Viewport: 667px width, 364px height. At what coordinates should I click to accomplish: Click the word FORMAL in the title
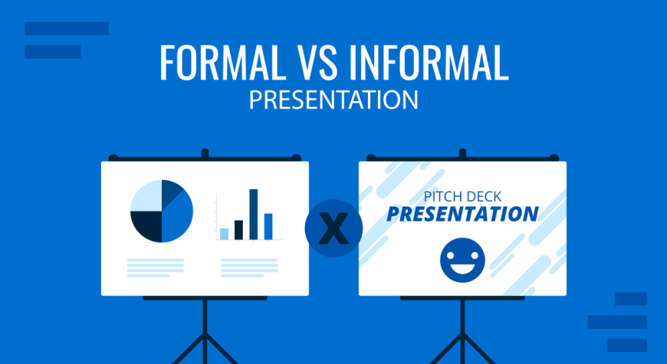click(220, 62)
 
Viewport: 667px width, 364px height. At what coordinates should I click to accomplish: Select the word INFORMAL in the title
click(429, 62)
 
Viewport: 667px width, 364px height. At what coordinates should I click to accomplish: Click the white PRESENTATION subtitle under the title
click(333, 100)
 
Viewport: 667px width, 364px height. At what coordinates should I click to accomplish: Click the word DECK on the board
click(484, 196)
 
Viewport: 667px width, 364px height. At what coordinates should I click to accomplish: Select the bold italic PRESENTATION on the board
click(462, 215)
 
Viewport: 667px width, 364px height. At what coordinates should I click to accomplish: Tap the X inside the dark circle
click(333, 229)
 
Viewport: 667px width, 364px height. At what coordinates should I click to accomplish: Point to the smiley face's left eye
click(452, 254)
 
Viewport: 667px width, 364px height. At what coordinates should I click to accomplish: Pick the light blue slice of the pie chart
click(146, 195)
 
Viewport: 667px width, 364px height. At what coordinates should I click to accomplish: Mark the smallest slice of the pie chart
click(170, 192)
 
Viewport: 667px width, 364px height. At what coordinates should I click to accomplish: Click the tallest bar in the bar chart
click(254, 215)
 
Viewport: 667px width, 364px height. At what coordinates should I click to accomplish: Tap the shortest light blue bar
click(224, 234)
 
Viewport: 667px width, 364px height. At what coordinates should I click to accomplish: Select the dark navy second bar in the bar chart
click(238, 230)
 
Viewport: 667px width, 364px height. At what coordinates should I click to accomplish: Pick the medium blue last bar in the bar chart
click(268, 227)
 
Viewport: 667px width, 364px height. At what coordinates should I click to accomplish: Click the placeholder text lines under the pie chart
click(156, 268)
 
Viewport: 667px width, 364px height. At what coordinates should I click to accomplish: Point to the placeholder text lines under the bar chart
click(249, 268)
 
